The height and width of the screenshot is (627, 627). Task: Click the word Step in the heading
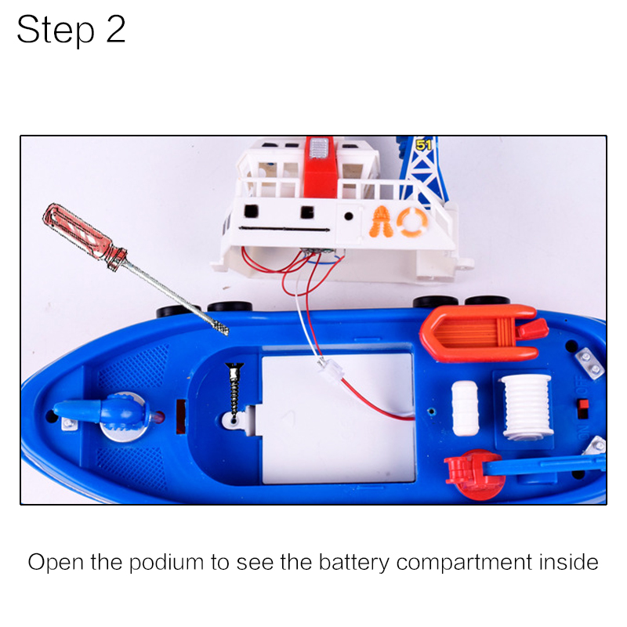click(x=53, y=31)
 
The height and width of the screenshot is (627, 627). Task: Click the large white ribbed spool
click(x=527, y=404)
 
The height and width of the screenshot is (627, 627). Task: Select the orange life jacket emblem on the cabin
click(x=382, y=223)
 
